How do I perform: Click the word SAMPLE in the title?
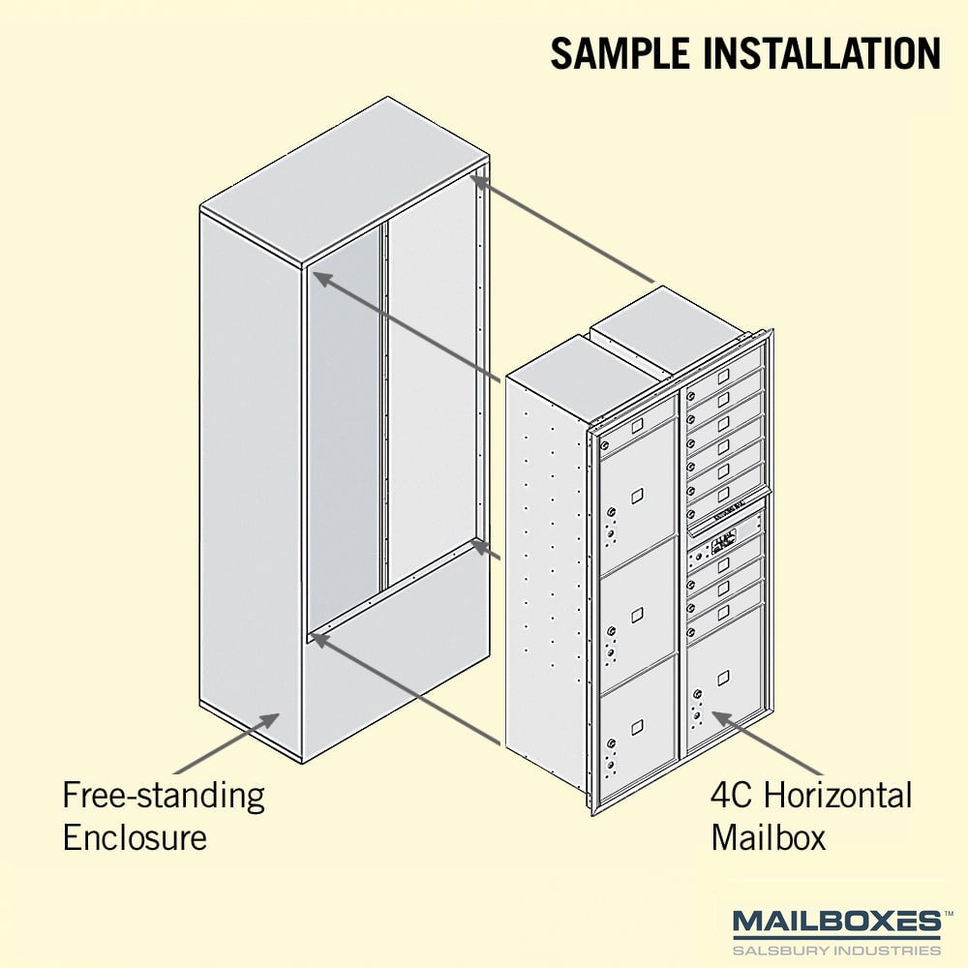pos(620,53)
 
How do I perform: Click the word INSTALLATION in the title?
pos(822,53)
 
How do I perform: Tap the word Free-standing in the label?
pos(164,797)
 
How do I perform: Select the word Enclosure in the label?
pos(135,837)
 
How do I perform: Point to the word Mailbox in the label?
pos(768,837)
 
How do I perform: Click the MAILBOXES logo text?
pos(836,923)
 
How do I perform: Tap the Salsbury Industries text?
pos(836,950)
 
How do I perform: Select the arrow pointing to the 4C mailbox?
pos(768,742)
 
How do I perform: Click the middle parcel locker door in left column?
pos(637,616)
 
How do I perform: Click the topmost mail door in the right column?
pos(725,377)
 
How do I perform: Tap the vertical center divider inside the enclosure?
pos(384,408)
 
